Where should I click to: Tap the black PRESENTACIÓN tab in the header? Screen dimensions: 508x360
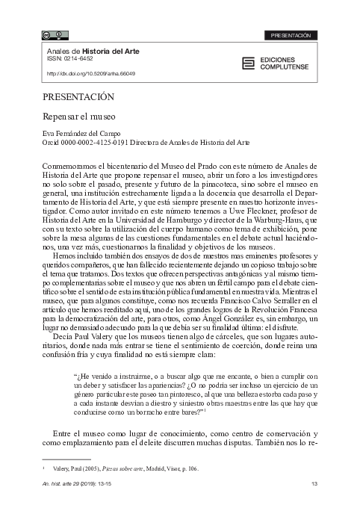point(292,35)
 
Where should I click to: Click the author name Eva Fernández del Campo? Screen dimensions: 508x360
point(81,132)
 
